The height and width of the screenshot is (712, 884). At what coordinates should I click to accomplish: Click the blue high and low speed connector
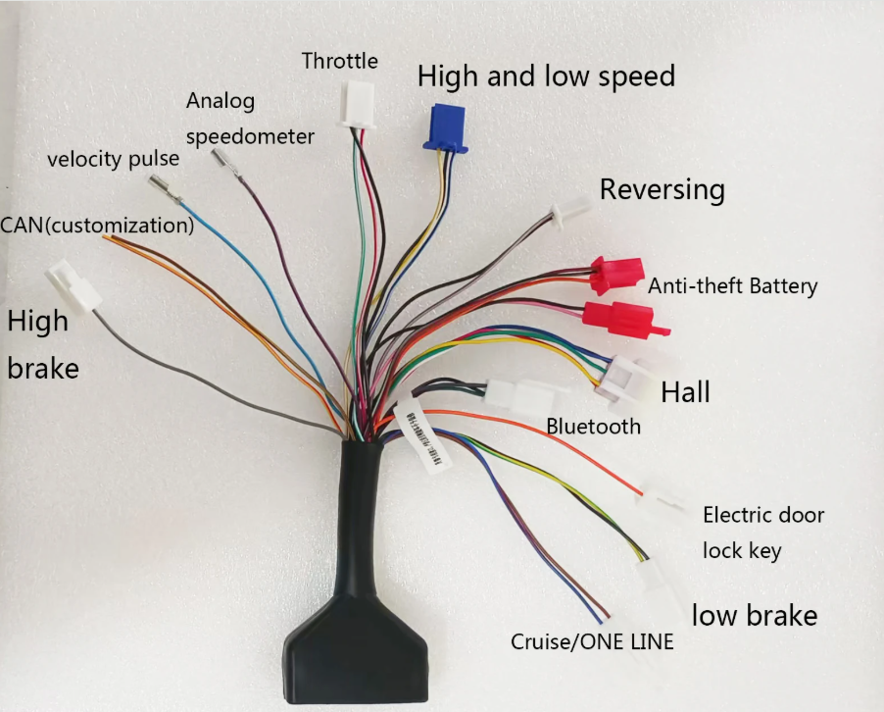pyautogui.click(x=445, y=128)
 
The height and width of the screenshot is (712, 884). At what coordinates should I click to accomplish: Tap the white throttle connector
pyautogui.click(x=358, y=104)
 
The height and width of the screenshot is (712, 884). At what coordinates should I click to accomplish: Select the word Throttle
pyautogui.click(x=339, y=61)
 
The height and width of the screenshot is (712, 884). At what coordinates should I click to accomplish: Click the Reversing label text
pyautogui.click(x=662, y=189)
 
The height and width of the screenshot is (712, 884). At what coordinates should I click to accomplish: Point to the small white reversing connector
pyautogui.click(x=570, y=212)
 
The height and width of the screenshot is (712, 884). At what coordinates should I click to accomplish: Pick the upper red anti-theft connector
pyautogui.click(x=616, y=275)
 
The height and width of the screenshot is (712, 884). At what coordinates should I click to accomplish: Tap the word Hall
pyautogui.click(x=685, y=392)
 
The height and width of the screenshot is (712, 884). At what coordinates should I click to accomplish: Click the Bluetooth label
pyautogui.click(x=594, y=427)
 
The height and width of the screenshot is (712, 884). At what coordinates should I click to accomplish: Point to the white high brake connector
pyautogui.click(x=74, y=286)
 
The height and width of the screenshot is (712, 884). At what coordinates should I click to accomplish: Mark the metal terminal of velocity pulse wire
pyautogui.click(x=165, y=189)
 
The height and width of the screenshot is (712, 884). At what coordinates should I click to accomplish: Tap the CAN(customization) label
pyautogui.click(x=97, y=226)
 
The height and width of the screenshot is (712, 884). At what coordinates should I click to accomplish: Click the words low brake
pyautogui.click(x=755, y=615)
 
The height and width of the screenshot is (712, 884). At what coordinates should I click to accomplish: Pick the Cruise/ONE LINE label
pyautogui.click(x=592, y=642)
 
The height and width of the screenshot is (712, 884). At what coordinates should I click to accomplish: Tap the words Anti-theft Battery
pyautogui.click(x=732, y=286)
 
